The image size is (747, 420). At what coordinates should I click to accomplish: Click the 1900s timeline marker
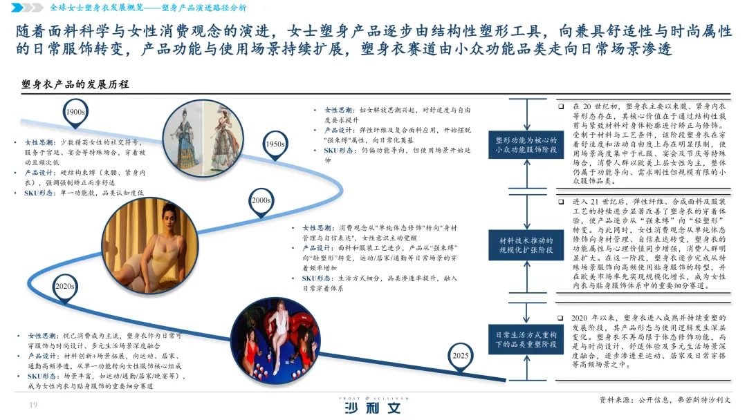[75, 113]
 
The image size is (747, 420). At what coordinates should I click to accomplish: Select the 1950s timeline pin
[275, 144]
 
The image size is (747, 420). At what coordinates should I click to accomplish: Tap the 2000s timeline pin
[260, 200]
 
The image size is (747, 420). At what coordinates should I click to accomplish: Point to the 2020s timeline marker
[65, 286]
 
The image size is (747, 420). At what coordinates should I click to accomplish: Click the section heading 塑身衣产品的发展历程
[75, 85]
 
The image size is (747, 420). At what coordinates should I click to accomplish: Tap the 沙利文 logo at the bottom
[373, 407]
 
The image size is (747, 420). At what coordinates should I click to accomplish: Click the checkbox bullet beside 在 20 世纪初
[562, 107]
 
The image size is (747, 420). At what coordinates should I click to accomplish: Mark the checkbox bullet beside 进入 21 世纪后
[562, 202]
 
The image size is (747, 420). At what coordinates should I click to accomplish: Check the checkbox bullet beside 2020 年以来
[562, 318]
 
